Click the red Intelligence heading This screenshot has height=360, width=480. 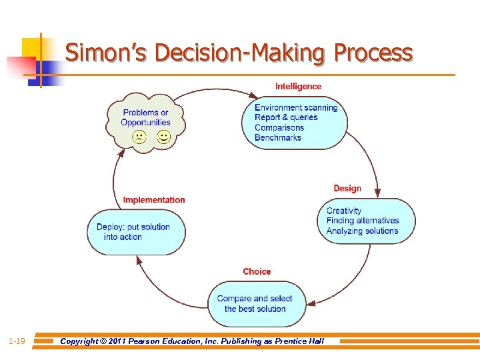coord(298,87)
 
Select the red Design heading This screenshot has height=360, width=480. coord(347,189)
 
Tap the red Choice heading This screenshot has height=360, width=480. coord(257,271)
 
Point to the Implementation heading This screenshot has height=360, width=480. coord(154,200)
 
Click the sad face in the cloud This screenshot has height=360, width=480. coord(139,137)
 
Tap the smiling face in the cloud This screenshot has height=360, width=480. coord(163,137)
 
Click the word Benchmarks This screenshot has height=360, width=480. coord(277,138)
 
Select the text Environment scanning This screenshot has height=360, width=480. coord(296,108)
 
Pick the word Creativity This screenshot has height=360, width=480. coord(344,211)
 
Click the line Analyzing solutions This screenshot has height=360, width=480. coord(362,231)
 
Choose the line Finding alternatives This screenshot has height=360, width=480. coord(363,221)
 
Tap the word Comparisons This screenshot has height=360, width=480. coord(279,128)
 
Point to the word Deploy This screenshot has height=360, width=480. coord(110,227)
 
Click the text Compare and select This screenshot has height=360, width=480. coord(255,299)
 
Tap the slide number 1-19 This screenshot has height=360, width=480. coord(17,341)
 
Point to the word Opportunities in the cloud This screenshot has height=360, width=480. coord(145,123)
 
